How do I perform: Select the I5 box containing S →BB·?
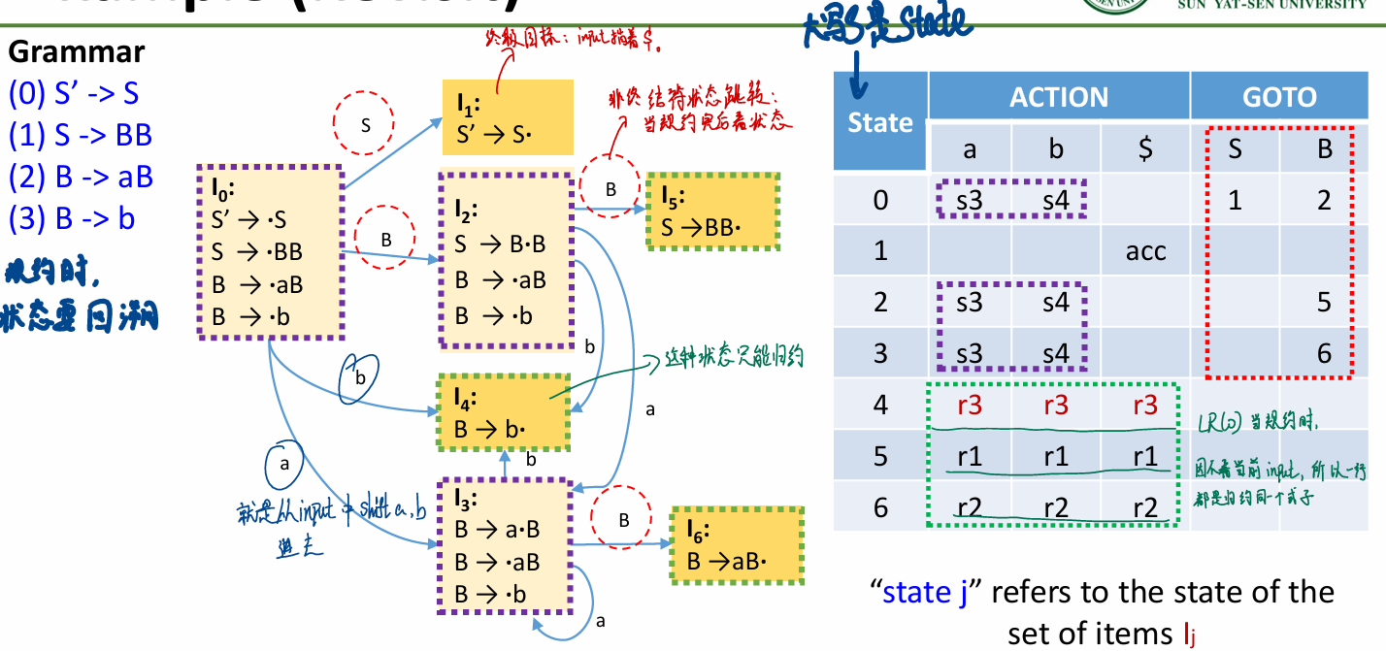[713, 212]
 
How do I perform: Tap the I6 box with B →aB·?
[737, 545]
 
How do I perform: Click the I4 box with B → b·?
[503, 411]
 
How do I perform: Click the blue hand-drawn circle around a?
[284, 464]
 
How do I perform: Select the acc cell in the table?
[1145, 251]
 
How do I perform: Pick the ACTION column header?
[1058, 97]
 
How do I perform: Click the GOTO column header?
[1279, 97]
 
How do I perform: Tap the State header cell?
[880, 123]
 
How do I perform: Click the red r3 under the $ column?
[1145, 405]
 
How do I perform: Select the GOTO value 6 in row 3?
[1324, 353]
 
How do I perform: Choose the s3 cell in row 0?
[970, 201]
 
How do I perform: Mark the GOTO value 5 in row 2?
[1324, 302]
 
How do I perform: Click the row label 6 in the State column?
[880, 506]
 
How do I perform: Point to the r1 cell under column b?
[1057, 456]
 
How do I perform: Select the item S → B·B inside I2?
[501, 245]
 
